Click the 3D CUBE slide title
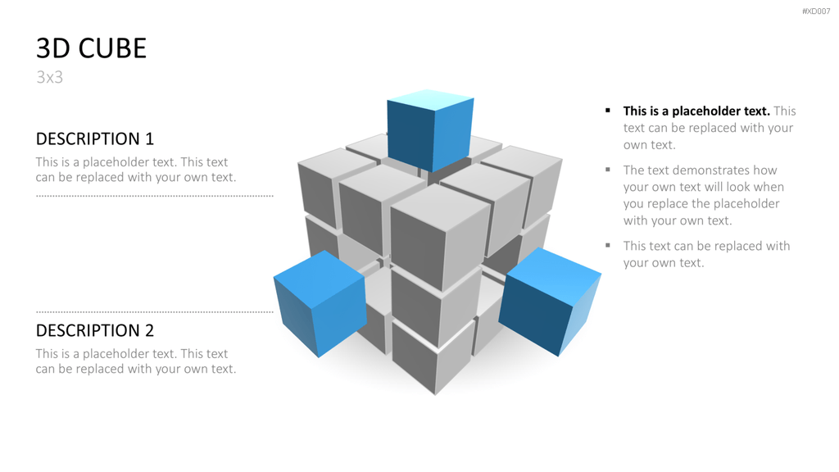(x=91, y=48)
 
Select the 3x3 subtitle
(x=49, y=78)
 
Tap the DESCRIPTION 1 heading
(x=95, y=138)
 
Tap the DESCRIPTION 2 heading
(x=95, y=330)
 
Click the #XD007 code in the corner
(x=816, y=11)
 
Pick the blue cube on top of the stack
(x=430, y=130)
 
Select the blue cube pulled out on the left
(x=320, y=303)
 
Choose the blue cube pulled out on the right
(x=550, y=302)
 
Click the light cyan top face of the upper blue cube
(x=430, y=99)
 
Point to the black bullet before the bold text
(x=608, y=111)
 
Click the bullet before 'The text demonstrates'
(x=608, y=170)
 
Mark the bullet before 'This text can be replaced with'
(x=608, y=246)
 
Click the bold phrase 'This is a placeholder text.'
(x=696, y=111)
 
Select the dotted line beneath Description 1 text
(x=155, y=196)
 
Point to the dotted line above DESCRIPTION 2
(x=155, y=311)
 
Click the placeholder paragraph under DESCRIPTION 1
(x=136, y=170)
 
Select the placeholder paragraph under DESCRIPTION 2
(x=136, y=361)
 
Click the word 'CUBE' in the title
(x=112, y=48)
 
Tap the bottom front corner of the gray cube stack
(x=435, y=395)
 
